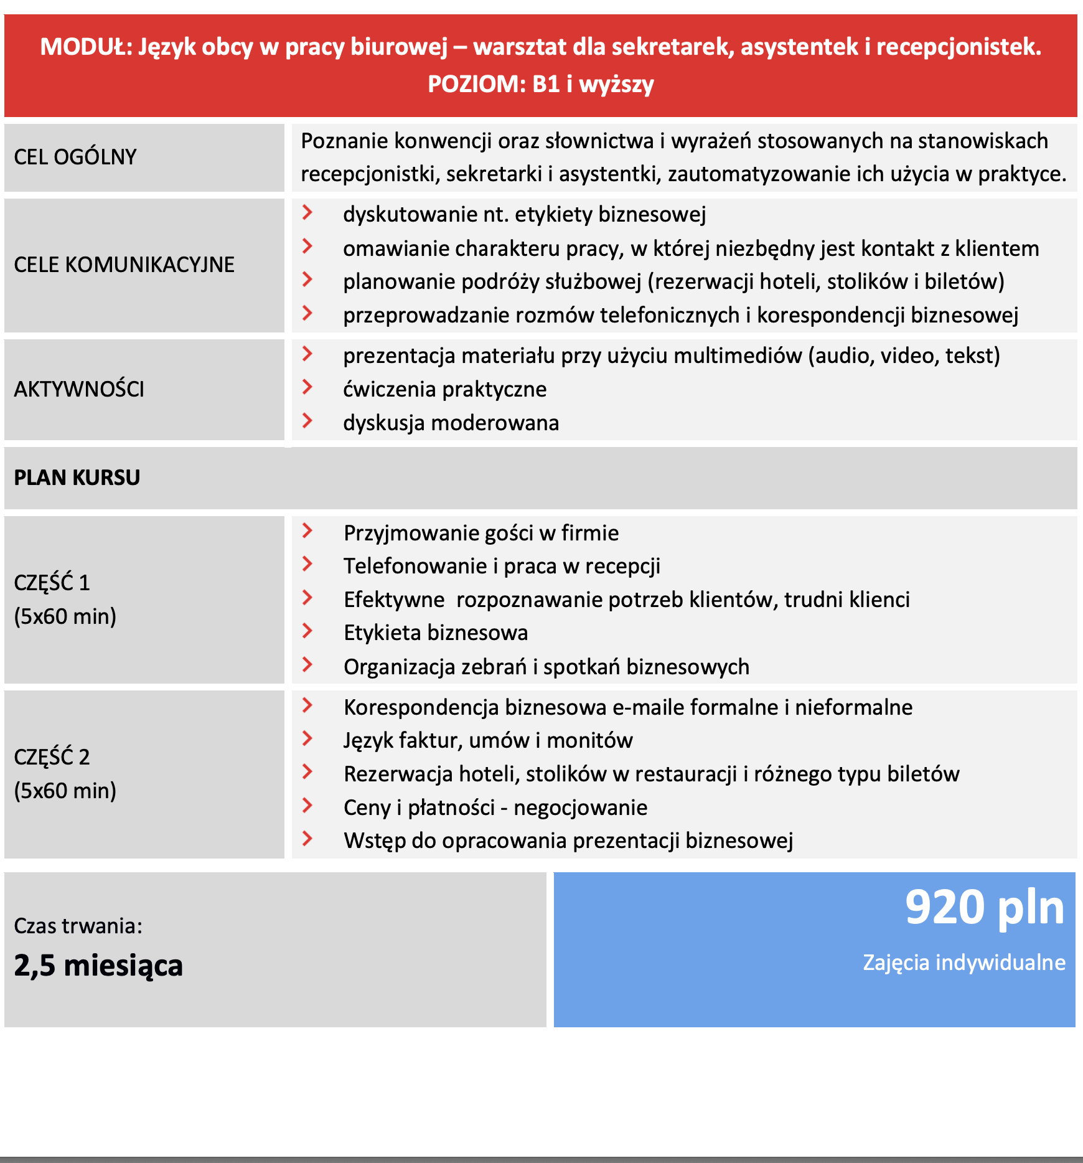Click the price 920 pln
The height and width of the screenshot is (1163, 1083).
[x=984, y=908]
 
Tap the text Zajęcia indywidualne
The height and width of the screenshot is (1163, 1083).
[x=963, y=963]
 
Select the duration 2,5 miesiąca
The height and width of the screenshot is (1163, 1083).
[x=98, y=966]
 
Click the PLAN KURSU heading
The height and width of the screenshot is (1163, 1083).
[x=77, y=478]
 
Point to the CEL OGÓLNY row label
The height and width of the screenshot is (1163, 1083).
[x=75, y=157]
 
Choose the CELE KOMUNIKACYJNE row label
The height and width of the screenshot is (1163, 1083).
[x=124, y=265]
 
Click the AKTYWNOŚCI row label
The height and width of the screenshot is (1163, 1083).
[x=79, y=389]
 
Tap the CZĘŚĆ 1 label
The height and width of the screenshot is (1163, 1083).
[x=52, y=583]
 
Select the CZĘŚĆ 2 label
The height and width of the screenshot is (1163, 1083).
[x=52, y=757]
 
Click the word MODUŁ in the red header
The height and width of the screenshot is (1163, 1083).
[x=86, y=47]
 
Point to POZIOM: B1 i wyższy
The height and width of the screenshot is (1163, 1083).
[x=540, y=84]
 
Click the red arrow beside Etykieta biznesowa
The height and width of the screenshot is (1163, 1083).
[x=307, y=631]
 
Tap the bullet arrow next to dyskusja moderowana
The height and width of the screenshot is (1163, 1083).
[x=307, y=421]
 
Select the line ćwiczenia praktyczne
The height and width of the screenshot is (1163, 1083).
[x=444, y=389]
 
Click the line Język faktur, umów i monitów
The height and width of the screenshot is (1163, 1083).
[x=488, y=740]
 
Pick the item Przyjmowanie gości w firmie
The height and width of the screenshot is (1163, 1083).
[x=481, y=533]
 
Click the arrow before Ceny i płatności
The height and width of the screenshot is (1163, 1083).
[x=307, y=806]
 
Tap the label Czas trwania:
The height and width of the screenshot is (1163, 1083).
[x=78, y=926]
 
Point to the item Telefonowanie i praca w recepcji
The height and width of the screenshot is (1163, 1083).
[x=502, y=566]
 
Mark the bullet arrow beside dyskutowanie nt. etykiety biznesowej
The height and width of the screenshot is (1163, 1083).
[x=307, y=213]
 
